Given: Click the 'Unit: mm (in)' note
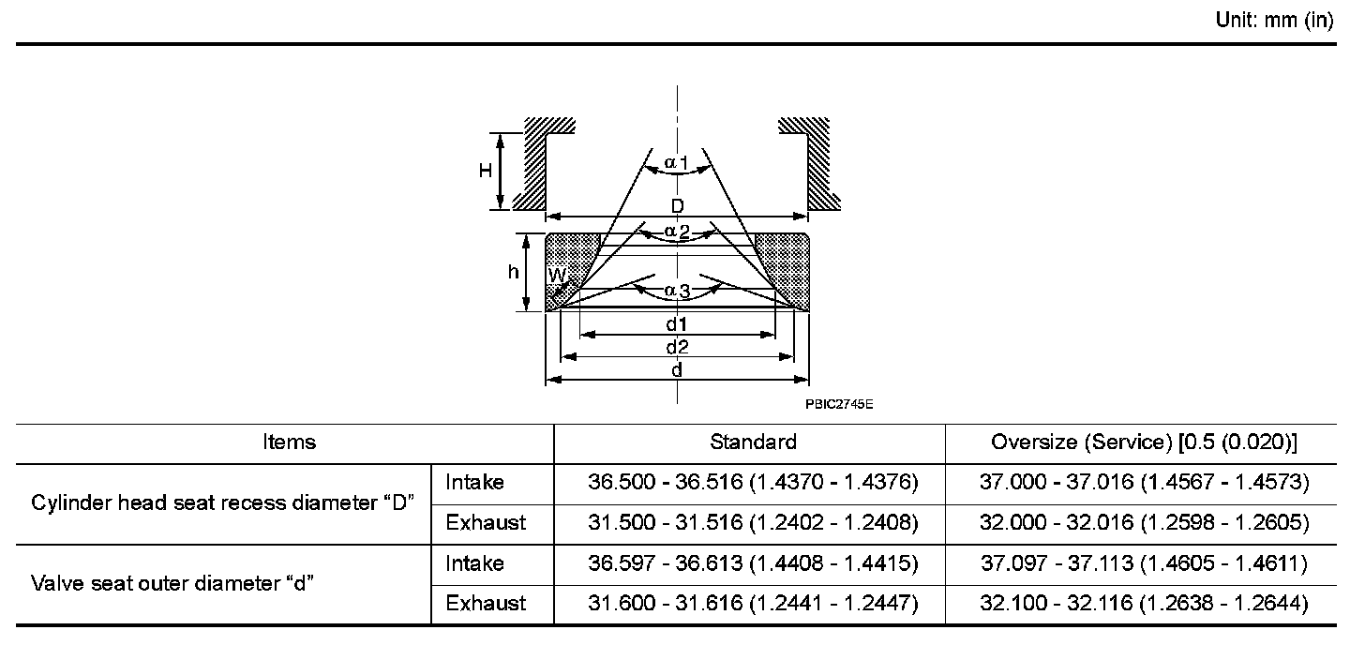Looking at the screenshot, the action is tap(1274, 20).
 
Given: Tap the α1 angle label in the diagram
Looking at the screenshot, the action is tap(677, 163).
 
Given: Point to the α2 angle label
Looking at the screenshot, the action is tap(677, 232).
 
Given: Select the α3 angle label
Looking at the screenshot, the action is tap(677, 292).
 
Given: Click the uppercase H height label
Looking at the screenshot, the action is tap(485, 170).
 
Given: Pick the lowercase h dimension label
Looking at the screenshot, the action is tap(513, 271).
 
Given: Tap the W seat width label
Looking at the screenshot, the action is tap(556, 276).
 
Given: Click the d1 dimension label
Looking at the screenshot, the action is tap(677, 323).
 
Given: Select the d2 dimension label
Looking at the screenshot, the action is tap(677, 347).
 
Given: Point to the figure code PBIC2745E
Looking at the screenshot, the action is tap(839, 404).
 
